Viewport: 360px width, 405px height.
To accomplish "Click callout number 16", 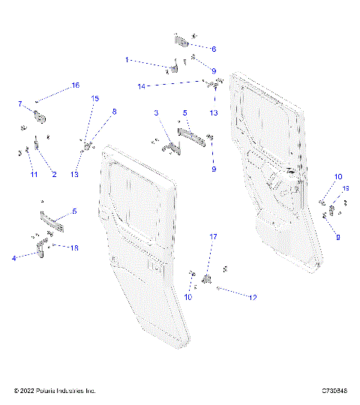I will [x=75, y=86].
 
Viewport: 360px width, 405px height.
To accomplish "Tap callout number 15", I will [x=95, y=98].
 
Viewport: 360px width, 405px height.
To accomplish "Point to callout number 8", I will [x=114, y=112].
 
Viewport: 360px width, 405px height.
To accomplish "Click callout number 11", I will [x=33, y=174].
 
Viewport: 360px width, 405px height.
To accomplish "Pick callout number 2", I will [x=53, y=174].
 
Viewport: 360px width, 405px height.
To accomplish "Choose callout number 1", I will [x=127, y=58].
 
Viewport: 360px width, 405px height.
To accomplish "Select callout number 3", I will [x=157, y=112].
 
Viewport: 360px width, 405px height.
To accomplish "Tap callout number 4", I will [x=13, y=258].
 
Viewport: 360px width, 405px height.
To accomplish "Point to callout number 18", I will [x=73, y=247].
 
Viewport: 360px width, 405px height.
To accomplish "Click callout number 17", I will [x=213, y=237].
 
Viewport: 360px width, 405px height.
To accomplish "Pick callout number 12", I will [x=253, y=297].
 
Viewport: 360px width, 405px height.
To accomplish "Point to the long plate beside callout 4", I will [x=52, y=221].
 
